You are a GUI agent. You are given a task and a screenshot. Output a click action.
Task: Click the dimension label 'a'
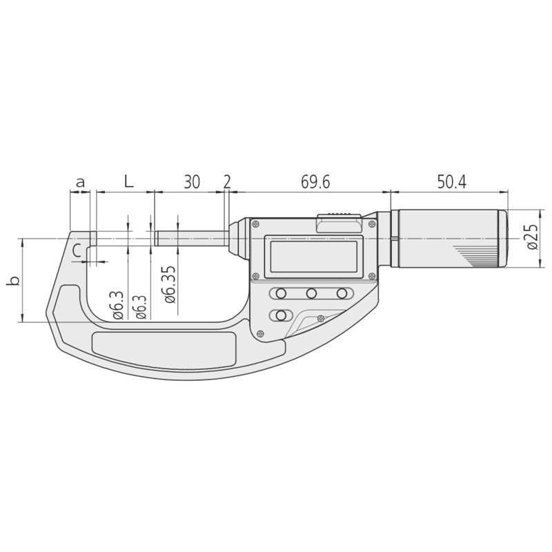click(x=80, y=183)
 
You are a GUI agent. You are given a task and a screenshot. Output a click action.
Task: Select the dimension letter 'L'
click(x=128, y=182)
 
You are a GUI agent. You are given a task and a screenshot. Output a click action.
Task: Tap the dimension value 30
click(x=192, y=183)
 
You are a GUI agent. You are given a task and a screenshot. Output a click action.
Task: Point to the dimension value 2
click(x=227, y=183)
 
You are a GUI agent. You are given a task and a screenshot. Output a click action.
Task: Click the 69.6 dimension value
click(x=315, y=183)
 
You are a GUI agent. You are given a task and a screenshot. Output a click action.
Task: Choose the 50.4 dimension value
click(x=451, y=183)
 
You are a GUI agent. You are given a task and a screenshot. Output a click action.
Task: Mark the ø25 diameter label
click(x=531, y=236)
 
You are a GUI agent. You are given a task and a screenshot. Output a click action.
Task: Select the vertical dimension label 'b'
click(x=12, y=281)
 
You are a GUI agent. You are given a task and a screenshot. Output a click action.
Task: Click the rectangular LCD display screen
click(x=314, y=255)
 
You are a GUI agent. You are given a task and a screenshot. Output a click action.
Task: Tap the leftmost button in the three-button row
click(x=281, y=294)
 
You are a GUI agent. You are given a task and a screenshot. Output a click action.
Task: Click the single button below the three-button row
click(x=281, y=315)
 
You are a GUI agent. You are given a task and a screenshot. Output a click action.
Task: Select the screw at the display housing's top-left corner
click(x=256, y=224)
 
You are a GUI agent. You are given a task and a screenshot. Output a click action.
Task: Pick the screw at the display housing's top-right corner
click(x=373, y=224)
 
